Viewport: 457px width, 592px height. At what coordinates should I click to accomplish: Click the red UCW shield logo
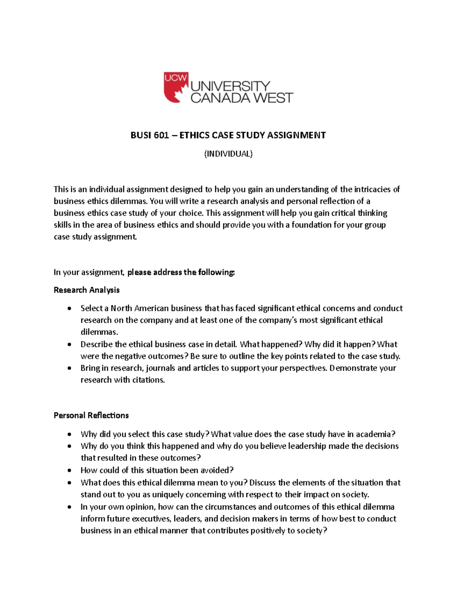click(176, 87)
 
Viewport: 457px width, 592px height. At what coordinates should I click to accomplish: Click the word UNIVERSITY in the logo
click(230, 86)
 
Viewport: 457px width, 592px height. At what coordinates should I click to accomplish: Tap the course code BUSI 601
click(150, 135)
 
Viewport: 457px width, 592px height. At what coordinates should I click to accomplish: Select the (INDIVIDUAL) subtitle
click(228, 154)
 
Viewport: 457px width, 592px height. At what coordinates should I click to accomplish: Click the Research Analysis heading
click(86, 290)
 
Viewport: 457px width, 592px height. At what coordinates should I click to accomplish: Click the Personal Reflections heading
click(91, 416)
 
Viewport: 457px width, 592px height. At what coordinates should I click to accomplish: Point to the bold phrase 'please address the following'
click(181, 272)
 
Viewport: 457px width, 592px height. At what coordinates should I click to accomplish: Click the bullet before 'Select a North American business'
click(69, 309)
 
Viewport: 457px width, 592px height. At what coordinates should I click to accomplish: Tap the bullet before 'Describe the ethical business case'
click(69, 345)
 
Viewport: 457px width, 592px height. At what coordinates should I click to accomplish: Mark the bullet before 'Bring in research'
click(69, 369)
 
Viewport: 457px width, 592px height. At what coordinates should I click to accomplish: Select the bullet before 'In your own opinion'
click(69, 507)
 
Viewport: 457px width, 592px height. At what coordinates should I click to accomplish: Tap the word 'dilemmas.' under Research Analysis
click(99, 332)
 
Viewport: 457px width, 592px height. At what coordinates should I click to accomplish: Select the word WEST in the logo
click(273, 98)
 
